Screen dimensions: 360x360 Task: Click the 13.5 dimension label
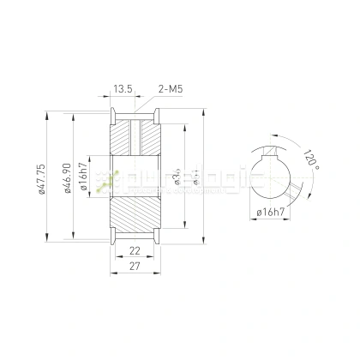123,87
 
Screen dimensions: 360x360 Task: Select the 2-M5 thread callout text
171,87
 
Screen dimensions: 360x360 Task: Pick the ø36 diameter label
176,178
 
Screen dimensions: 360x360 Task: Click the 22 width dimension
135,249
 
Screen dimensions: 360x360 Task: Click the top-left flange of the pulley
111,115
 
